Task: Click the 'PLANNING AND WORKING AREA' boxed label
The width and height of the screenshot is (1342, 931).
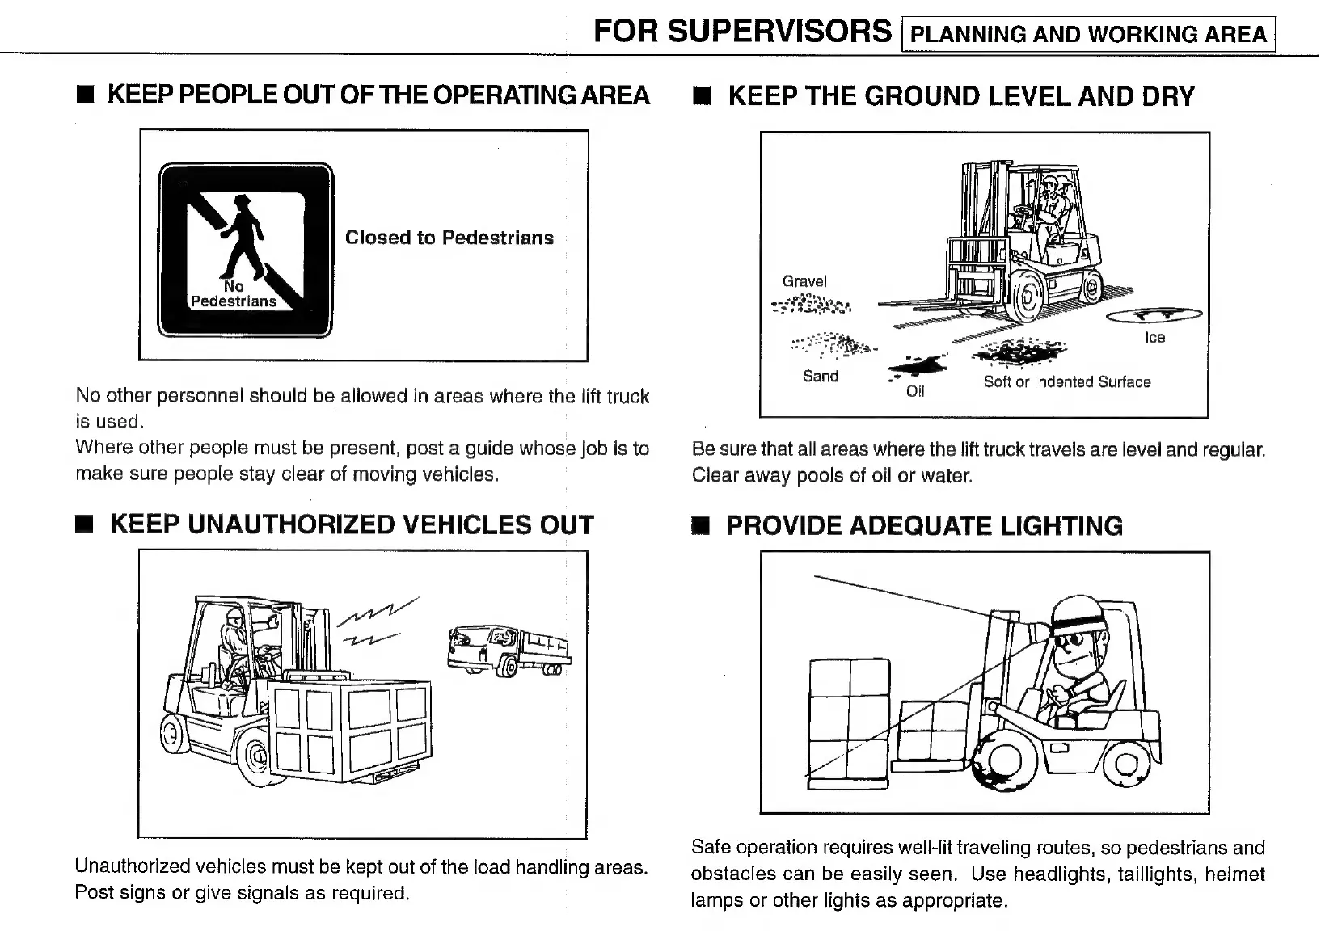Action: (x=1087, y=34)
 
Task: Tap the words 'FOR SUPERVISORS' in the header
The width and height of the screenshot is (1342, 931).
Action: (x=742, y=32)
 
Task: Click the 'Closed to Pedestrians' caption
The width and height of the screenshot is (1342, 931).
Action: (x=449, y=238)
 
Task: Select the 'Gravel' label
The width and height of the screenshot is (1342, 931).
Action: (x=804, y=281)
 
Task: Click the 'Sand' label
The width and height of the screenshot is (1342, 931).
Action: (x=820, y=376)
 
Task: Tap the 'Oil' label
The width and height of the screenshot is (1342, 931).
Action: (x=915, y=391)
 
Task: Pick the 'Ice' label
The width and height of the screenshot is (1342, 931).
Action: (x=1154, y=338)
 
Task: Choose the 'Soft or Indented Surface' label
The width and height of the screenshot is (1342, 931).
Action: (x=1066, y=381)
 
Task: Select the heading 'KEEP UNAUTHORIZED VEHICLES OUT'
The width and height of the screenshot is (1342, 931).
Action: (x=352, y=524)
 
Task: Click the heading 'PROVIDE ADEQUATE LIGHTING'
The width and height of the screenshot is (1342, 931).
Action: (x=924, y=526)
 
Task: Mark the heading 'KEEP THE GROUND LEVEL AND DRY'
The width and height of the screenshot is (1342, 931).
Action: (x=960, y=96)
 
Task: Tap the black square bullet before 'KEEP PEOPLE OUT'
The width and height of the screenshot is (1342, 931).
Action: (x=86, y=95)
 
